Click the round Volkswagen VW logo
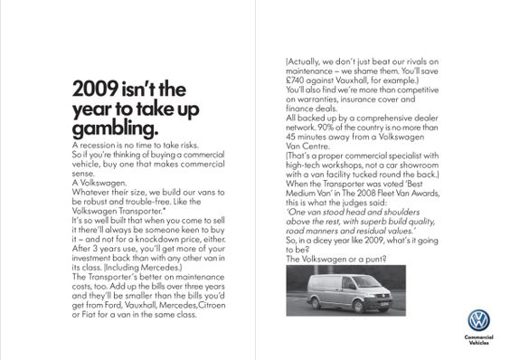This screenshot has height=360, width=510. [x=477, y=321]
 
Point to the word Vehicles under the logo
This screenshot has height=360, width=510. [x=477, y=344]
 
